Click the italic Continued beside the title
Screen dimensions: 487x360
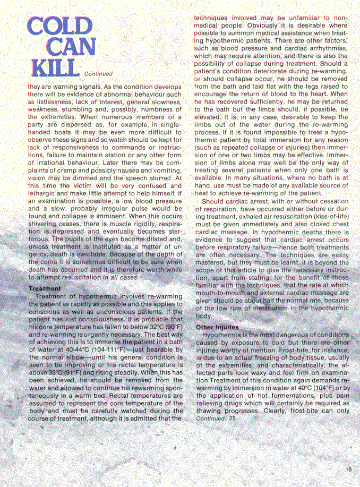tap(98, 74)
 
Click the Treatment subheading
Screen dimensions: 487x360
tap(44, 288)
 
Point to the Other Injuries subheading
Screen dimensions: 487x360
tap(217, 327)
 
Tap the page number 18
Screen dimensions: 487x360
tap(348, 468)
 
